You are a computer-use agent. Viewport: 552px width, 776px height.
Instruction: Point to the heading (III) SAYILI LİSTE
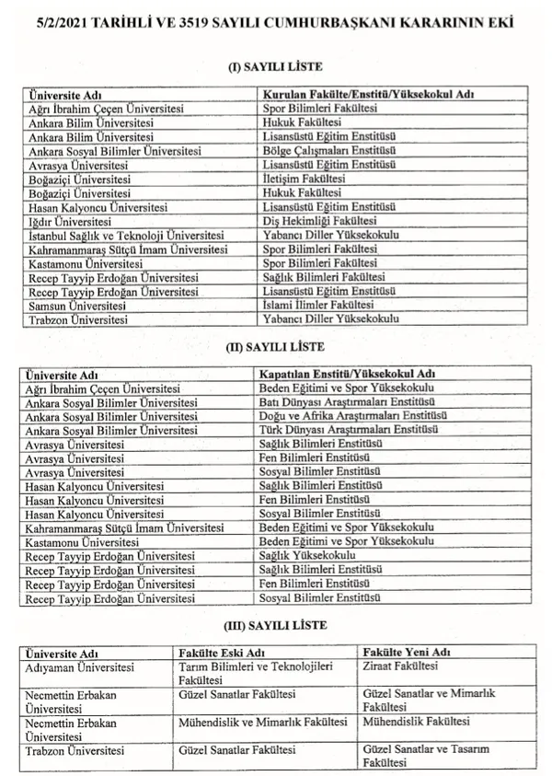pyautogui.click(x=275, y=627)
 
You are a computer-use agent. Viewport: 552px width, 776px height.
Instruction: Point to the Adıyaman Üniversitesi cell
pyautogui.click(x=82, y=666)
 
